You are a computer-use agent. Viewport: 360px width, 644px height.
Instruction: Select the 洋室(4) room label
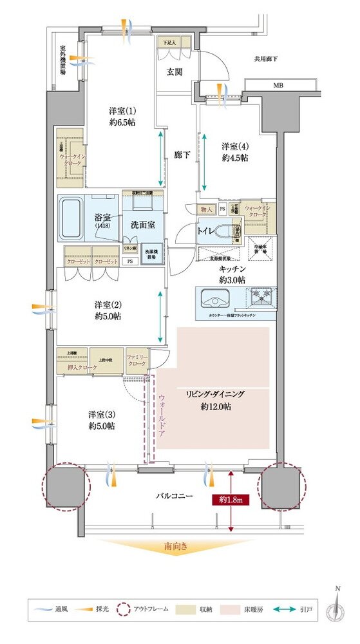[234, 151]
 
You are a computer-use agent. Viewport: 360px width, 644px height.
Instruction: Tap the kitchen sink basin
[216, 299]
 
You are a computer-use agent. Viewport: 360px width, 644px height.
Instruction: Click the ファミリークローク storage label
[137, 361]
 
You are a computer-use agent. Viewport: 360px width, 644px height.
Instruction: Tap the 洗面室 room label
[142, 226]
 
